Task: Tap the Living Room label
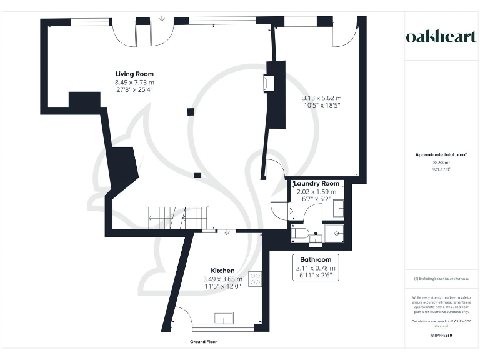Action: (134, 74)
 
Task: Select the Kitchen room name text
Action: (222, 271)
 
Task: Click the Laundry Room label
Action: (316, 184)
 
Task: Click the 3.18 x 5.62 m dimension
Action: (321, 98)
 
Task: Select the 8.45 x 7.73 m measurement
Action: (134, 82)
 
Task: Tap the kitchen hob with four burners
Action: (255, 279)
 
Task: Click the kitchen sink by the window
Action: (224, 317)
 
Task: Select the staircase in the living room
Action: (176, 217)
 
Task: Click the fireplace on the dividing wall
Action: (269, 83)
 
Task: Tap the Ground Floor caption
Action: (204, 342)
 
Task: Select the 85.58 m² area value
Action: (436, 162)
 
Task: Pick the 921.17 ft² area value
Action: (436, 169)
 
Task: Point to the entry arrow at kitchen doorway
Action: (227, 232)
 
